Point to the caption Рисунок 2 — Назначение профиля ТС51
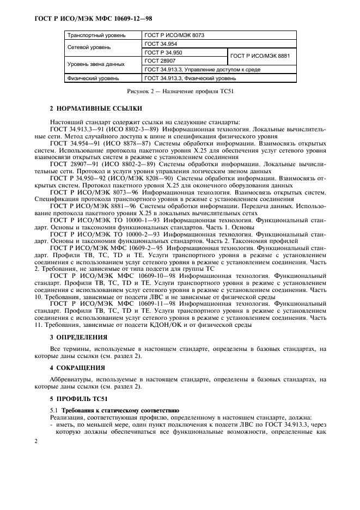click(180, 91)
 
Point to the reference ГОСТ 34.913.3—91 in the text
click(74, 129)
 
